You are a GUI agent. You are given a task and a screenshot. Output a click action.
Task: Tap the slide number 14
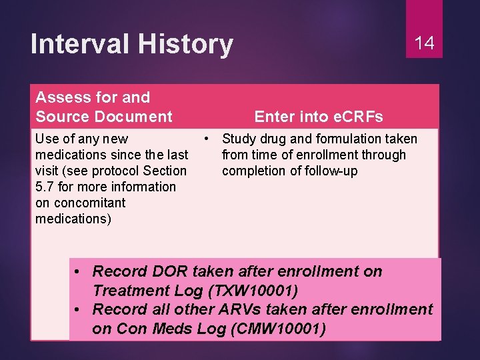[x=424, y=44]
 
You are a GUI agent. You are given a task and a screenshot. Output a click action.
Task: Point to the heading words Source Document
[x=103, y=117]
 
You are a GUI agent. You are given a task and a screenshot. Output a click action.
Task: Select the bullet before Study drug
[x=208, y=139]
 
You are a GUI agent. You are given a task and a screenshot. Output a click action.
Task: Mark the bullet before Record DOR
[x=79, y=271]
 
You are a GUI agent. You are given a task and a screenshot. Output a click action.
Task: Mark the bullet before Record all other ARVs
[x=79, y=309]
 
